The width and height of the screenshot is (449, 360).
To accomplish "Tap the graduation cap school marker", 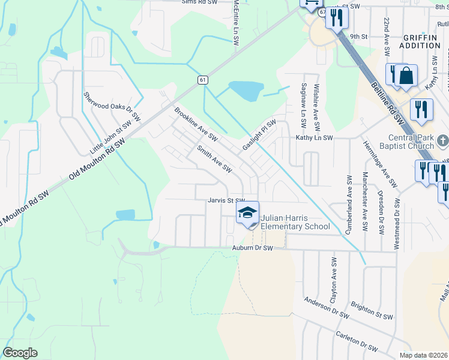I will [247, 213].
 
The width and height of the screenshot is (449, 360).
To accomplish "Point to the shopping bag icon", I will [406, 76].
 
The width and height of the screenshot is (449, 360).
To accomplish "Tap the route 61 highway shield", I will [203, 80].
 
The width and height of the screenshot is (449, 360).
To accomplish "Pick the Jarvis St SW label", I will [227, 200].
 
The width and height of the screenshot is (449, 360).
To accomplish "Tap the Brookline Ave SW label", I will [195, 125].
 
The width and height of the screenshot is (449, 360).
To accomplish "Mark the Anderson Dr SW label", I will [327, 307].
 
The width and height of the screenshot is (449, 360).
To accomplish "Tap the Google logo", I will [20, 353].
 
